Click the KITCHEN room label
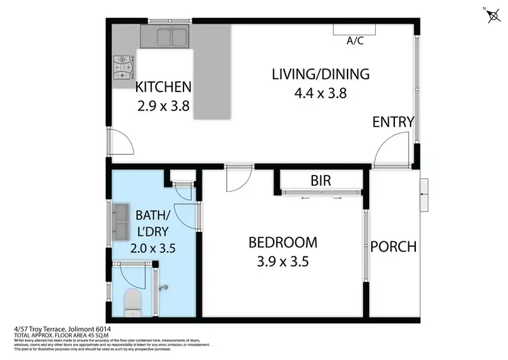click(x=163, y=87)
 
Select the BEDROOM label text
click(x=282, y=242)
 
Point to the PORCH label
click(x=393, y=247)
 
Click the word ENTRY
click(x=393, y=122)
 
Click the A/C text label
click(x=356, y=41)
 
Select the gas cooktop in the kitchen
click(x=124, y=66)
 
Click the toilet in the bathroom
click(x=132, y=300)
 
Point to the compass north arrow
click(x=491, y=15)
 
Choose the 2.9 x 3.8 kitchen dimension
click(x=163, y=106)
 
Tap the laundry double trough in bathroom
click(x=122, y=222)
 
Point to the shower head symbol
click(x=163, y=287)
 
